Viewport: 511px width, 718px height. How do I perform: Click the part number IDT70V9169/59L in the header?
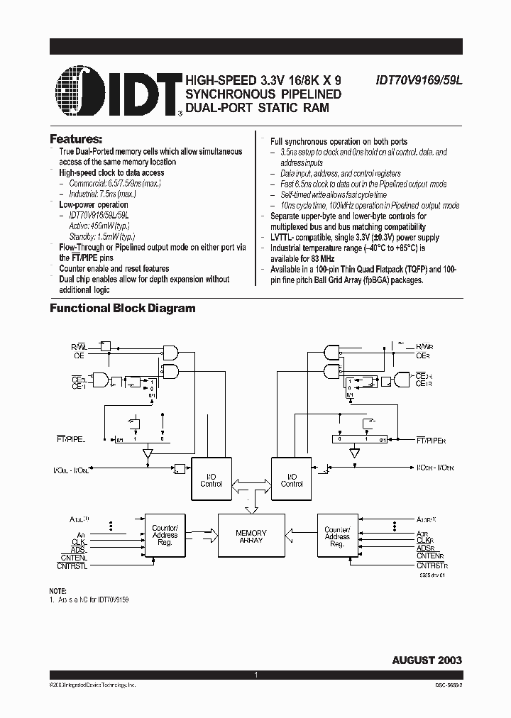[419, 82]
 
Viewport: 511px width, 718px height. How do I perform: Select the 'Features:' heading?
[76, 138]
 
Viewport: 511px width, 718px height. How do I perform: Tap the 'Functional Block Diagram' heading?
[122, 308]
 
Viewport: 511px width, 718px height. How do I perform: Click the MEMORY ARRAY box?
[251, 536]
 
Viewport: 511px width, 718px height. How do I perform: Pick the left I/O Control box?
[211, 480]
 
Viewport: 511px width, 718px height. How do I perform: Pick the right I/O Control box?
[292, 480]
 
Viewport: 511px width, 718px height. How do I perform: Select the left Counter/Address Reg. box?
[165, 536]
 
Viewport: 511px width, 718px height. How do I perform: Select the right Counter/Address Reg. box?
[337, 536]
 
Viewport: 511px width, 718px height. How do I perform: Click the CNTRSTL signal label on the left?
[72, 565]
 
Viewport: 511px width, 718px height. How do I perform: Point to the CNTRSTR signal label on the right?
[433, 565]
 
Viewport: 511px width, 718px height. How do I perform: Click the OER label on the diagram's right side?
[423, 355]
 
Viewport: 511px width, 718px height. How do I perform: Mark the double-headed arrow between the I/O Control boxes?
[251, 482]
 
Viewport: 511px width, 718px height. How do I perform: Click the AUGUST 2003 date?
[427, 660]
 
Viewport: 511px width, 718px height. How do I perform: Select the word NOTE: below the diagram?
[57, 591]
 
